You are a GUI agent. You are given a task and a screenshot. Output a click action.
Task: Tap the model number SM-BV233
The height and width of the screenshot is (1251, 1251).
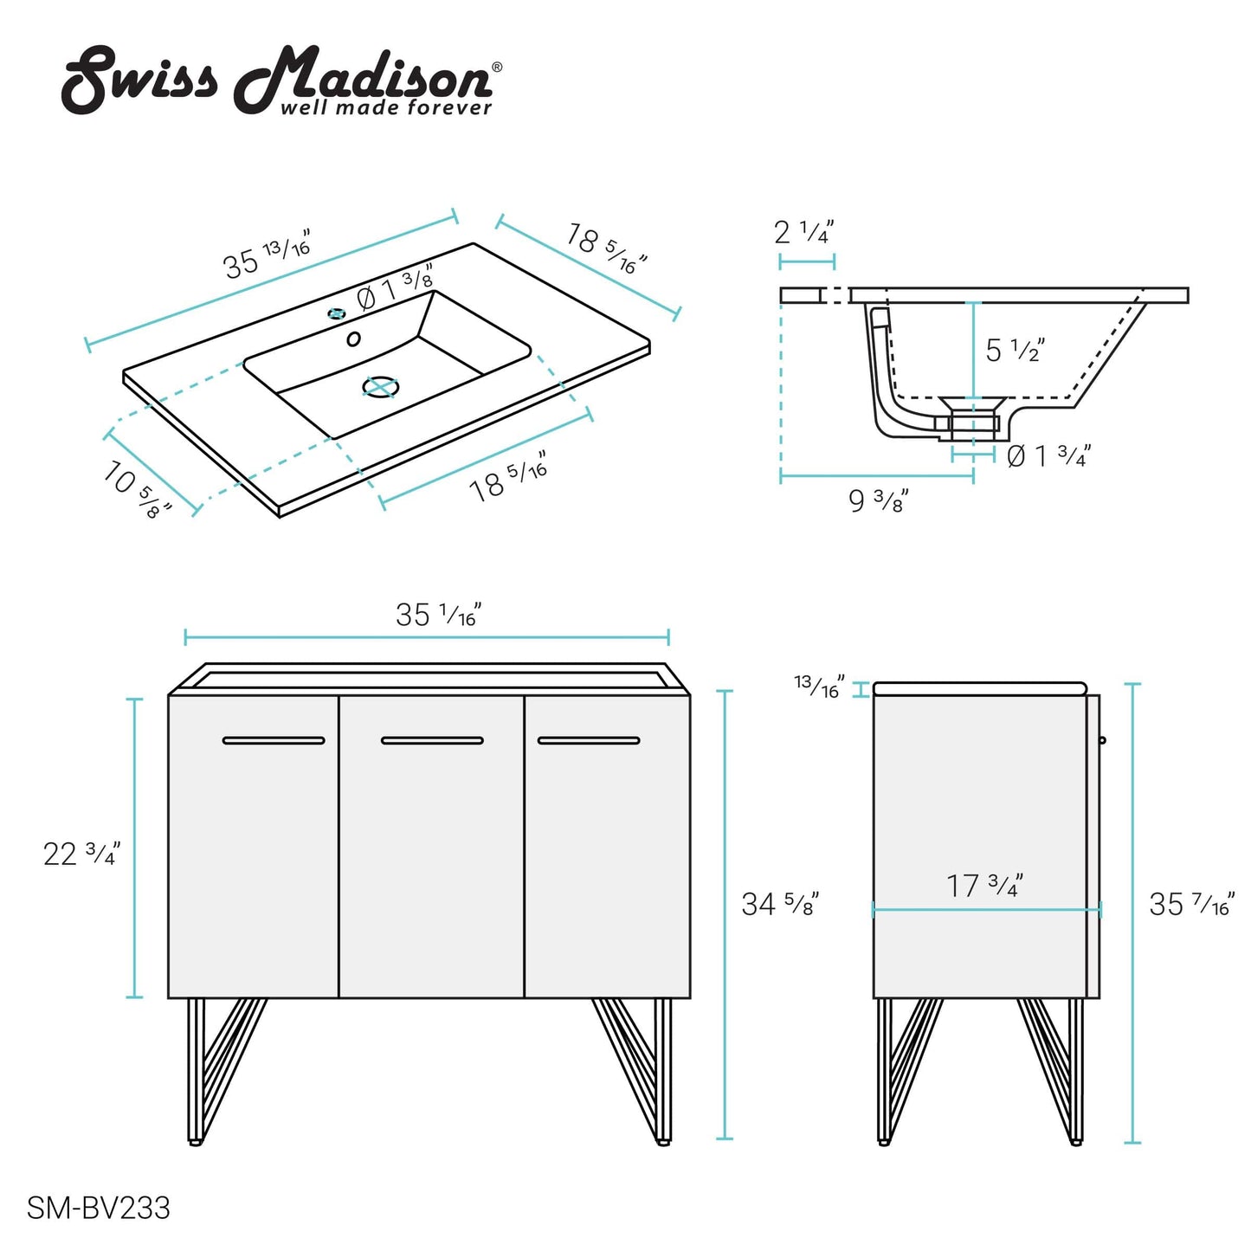tap(99, 1207)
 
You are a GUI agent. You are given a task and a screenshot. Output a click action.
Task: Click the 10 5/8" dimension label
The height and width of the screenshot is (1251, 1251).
tap(137, 489)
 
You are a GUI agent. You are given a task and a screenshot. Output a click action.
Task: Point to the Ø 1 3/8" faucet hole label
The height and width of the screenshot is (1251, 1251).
tap(395, 287)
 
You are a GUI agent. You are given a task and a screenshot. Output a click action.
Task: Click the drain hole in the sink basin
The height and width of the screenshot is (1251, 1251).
tap(379, 387)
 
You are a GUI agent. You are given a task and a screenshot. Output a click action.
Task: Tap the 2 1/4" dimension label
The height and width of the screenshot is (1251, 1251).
tap(803, 232)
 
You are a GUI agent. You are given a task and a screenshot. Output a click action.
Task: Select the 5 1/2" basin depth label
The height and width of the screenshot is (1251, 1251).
tap(1015, 350)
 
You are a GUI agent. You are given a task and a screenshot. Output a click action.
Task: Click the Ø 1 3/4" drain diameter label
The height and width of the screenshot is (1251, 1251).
tap(1048, 455)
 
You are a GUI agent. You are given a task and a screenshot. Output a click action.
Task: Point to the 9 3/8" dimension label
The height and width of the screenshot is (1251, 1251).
tap(878, 500)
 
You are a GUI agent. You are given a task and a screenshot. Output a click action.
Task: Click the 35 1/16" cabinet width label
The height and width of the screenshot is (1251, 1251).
tap(438, 615)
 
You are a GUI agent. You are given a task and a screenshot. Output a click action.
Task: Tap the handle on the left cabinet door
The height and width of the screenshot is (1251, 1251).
tap(274, 740)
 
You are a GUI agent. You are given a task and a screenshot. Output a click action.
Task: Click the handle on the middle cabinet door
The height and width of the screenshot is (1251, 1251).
tap(432, 740)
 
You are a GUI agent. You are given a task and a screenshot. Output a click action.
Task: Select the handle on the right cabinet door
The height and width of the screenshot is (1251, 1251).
tap(589, 740)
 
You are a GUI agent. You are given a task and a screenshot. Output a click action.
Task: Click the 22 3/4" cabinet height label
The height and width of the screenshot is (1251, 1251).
tap(81, 854)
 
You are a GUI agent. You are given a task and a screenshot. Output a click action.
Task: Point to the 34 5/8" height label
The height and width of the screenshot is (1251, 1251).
tap(779, 904)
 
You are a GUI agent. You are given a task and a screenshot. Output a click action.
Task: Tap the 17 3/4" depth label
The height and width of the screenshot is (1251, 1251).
tap(984, 885)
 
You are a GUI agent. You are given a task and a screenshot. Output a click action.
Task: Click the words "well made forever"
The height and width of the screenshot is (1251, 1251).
tap(386, 108)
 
